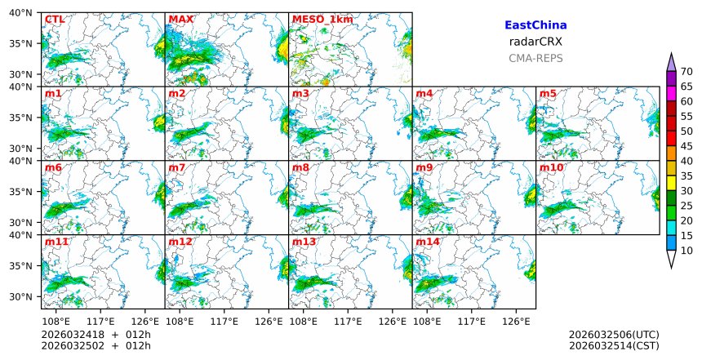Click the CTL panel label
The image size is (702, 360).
click(x=54, y=20)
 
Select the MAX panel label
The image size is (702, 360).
click(x=180, y=20)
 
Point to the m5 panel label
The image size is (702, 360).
click(x=548, y=94)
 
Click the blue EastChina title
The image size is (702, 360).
click(x=535, y=25)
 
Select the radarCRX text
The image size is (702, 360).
click(x=535, y=42)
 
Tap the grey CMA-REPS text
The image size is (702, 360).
click(x=535, y=58)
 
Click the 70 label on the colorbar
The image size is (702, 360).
click(x=686, y=72)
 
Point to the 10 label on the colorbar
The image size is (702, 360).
click(x=686, y=251)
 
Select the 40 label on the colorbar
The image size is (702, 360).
click(x=686, y=161)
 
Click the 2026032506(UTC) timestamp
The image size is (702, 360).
click(x=614, y=335)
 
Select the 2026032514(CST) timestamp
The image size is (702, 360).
click(x=614, y=346)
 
